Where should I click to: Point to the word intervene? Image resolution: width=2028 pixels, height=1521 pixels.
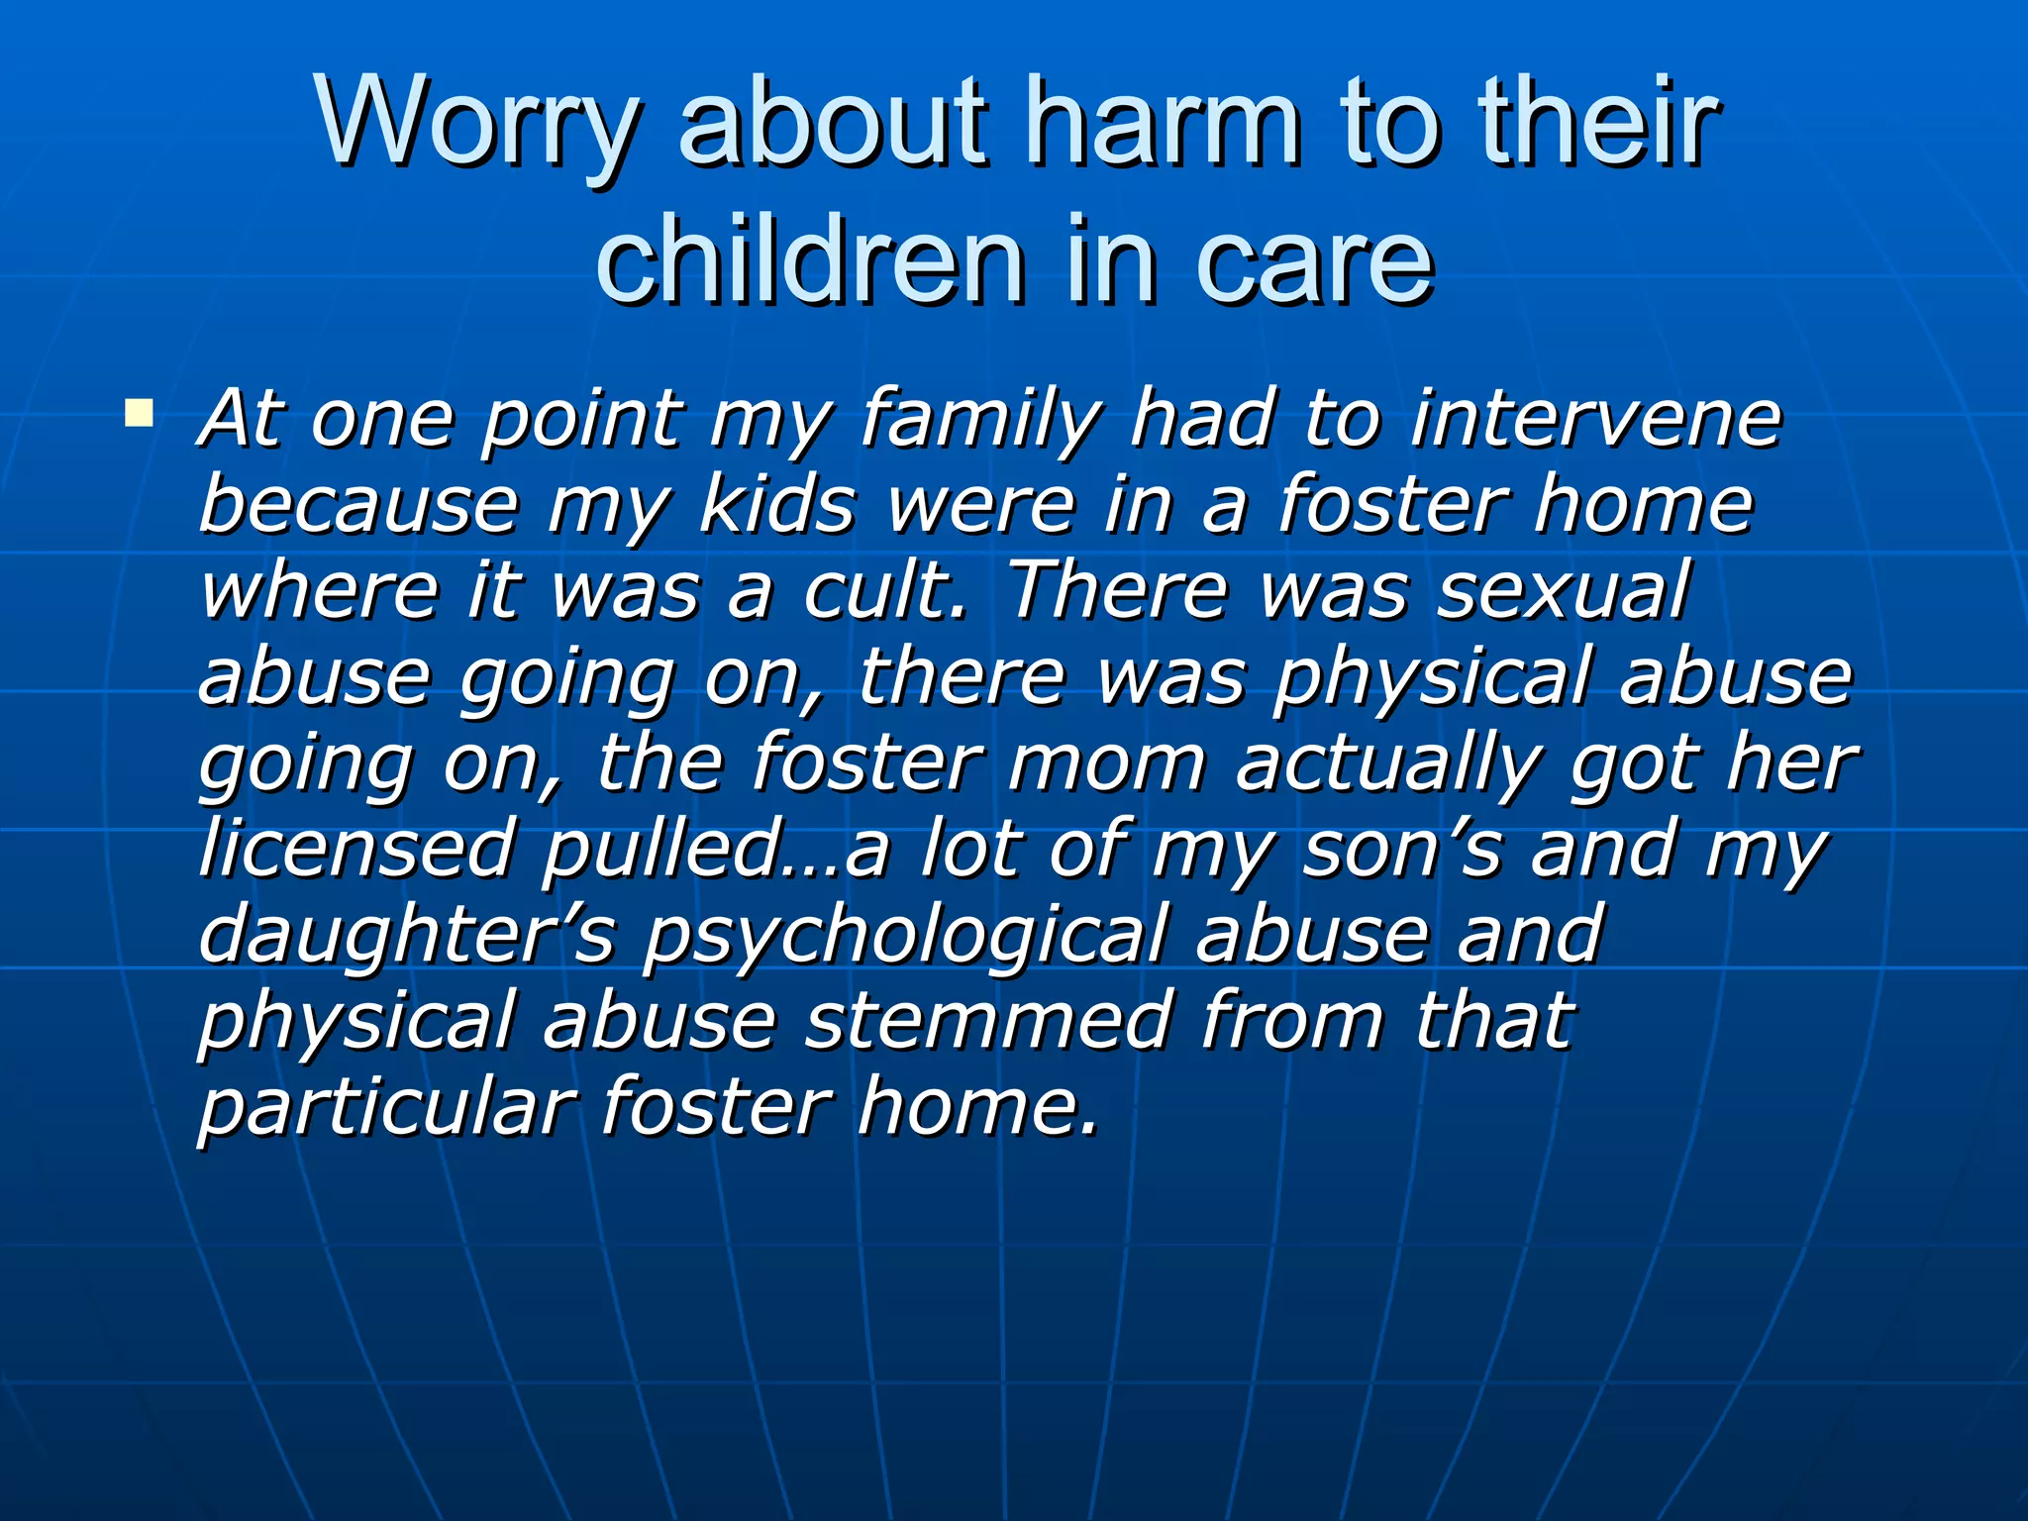[x=1595, y=419]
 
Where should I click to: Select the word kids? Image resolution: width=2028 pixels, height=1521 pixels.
[x=777, y=505]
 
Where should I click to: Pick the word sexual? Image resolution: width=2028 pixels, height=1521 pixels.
[x=1564, y=591]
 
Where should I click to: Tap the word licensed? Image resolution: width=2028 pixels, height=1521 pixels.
[x=356, y=850]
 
